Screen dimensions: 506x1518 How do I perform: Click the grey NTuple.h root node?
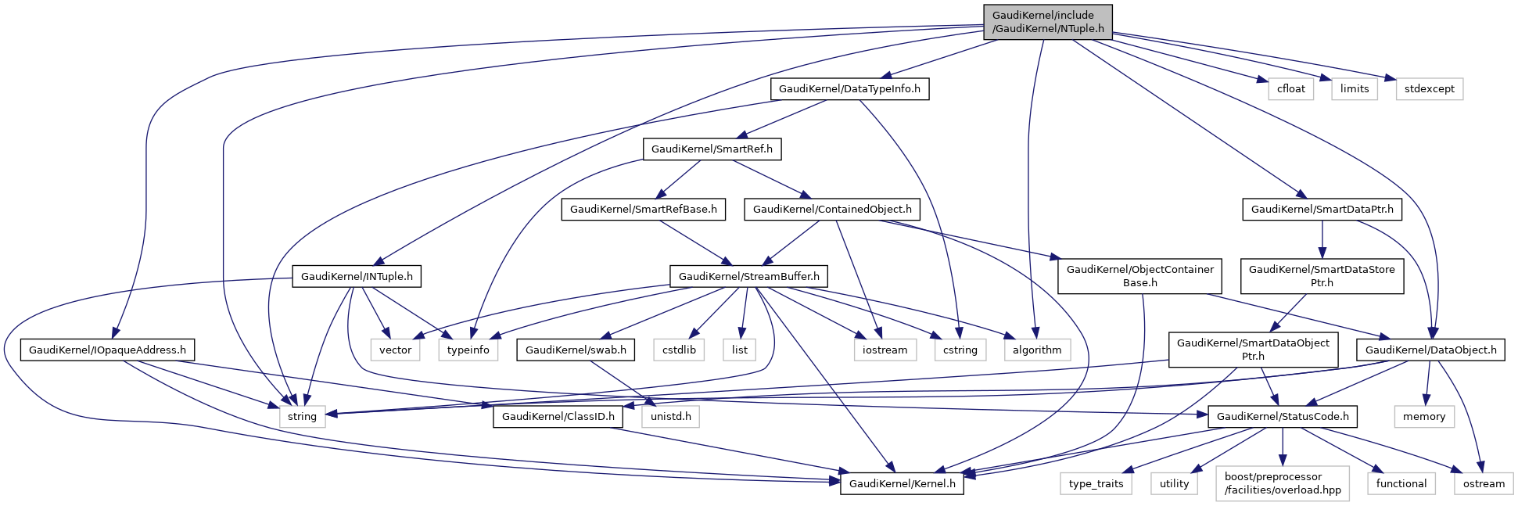click(x=1047, y=22)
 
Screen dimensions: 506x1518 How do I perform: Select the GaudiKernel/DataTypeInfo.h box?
click(x=849, y=89)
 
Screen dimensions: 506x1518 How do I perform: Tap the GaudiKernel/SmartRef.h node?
click(x=712, y=149)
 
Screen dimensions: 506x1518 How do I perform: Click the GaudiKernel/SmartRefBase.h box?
click(x=644, y=210)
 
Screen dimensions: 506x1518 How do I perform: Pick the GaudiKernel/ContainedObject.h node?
click(x=832, y=210)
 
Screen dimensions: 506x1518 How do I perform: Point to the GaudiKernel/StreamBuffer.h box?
click(x=748, y=276)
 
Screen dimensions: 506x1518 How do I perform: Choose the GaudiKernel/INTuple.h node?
click(x=357, y=276)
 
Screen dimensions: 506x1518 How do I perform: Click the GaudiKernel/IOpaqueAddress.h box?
click(x=107, y=350)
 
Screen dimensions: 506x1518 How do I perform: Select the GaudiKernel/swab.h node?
click(x=576, y=350)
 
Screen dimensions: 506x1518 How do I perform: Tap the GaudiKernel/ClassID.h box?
click(x=558, y=416)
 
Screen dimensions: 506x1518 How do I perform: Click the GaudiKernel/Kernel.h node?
click(x=902, y=483)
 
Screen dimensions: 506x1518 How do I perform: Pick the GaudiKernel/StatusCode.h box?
click(x=1282, y=416)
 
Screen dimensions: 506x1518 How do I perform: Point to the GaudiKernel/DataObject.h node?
click(x=1430, y=350)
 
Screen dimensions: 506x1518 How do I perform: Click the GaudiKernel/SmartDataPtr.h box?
click(x=1322, y=210)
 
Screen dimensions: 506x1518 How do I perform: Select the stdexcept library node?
click(x=1429, y=89)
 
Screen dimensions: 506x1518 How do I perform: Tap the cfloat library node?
click(x=1290, y=89)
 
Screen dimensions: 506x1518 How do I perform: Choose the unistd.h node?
click(x=670, y=416)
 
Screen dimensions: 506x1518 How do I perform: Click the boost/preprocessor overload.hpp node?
click(x=1282, y=483)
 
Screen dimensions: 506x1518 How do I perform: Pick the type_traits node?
click(x=1096, y=483)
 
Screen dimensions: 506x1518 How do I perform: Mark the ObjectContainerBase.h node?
click(x=1139, y=276)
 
